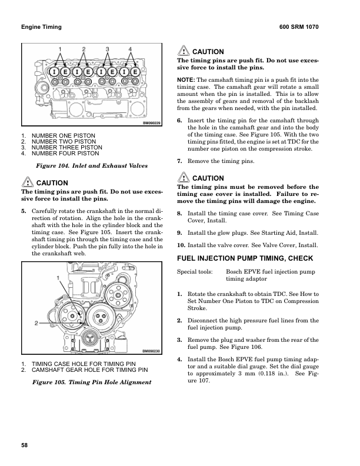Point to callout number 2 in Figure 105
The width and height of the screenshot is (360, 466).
tap(36, 323)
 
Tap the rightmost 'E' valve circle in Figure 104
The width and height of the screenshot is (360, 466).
tap(135, 72)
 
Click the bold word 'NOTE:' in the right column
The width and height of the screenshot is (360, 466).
tap(186, 79)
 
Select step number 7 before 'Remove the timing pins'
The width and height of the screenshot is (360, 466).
tap(179, 161)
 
